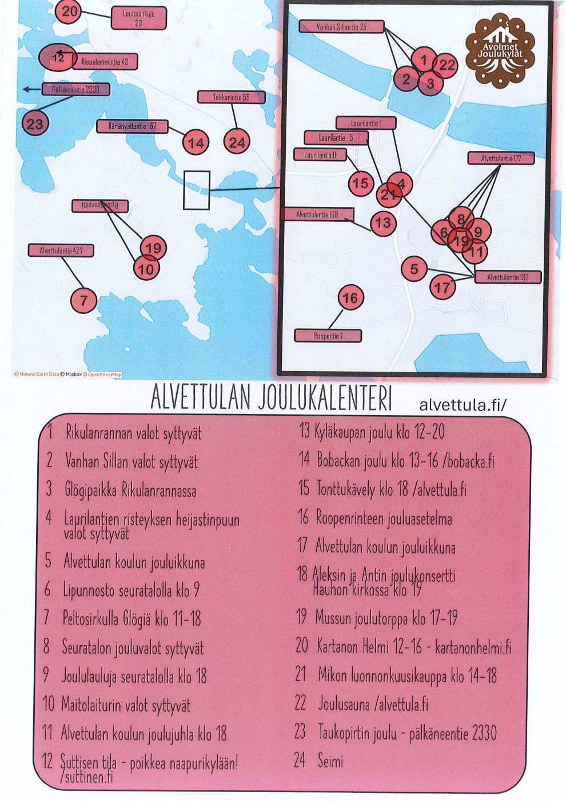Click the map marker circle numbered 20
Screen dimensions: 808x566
point(69,12)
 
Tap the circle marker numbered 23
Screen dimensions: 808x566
point(35,124)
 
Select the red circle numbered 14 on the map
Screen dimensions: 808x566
point(196,143)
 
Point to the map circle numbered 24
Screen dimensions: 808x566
point(237,142)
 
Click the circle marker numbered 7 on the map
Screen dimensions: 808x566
point(84,300)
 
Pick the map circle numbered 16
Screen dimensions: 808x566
point(350,298)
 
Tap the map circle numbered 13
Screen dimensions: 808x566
point(383,222)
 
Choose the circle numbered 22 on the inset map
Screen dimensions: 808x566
point(446,65)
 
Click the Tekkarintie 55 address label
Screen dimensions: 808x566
point(231,97)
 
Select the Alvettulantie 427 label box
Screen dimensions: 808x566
point(60,250)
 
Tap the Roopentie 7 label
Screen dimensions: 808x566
point(328,336)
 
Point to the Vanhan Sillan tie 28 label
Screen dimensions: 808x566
point(342,27)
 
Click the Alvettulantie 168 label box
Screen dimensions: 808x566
point(318,214)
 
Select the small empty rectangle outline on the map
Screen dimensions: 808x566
point(197,190)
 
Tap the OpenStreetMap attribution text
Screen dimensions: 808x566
point(103,375)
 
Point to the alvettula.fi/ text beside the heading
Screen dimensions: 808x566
point(463,405)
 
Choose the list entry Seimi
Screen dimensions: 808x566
point(330,761)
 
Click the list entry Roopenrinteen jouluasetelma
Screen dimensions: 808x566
point(383,519)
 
